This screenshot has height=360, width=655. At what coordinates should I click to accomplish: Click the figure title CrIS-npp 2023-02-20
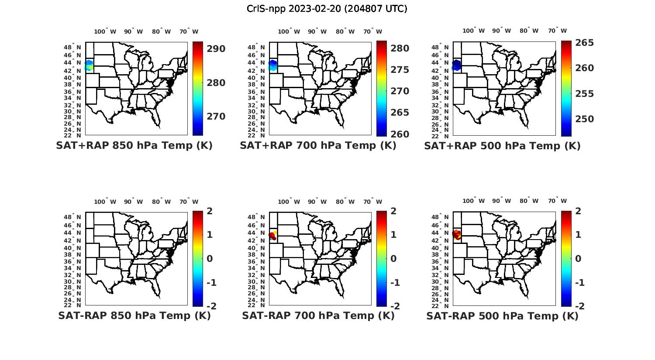(x=327, y=9)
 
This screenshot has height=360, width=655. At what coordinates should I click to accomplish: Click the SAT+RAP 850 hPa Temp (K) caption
(x=134, y=146)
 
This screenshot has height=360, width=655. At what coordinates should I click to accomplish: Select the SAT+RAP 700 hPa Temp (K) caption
(x=318, y=146)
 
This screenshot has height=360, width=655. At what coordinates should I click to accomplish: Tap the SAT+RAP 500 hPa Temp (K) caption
(x=502, y=146)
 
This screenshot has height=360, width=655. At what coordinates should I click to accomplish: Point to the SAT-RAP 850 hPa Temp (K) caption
(x=134, y=316)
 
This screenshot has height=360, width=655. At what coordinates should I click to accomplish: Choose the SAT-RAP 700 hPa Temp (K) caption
(x=318, y=316)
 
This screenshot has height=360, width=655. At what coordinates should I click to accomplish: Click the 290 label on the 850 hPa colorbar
(x=216, y=49)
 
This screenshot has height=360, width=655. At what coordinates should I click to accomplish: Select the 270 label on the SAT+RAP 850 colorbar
(x=216, y=117)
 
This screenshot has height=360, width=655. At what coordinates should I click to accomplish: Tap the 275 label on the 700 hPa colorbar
(x=400, y=70)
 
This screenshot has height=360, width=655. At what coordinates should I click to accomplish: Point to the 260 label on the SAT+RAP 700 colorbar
(x=400, y=134)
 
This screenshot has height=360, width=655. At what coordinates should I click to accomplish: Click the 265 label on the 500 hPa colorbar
(x=585, y=43)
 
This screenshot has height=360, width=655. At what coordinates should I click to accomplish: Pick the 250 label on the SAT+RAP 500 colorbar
(x=585, y=119)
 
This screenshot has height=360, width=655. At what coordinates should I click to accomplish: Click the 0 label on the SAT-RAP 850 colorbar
(x=210, y=259)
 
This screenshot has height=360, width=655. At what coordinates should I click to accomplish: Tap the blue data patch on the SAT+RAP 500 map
(x=457, y=65)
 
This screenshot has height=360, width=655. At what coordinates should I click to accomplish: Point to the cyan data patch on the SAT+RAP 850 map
(x=89, y=66)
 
